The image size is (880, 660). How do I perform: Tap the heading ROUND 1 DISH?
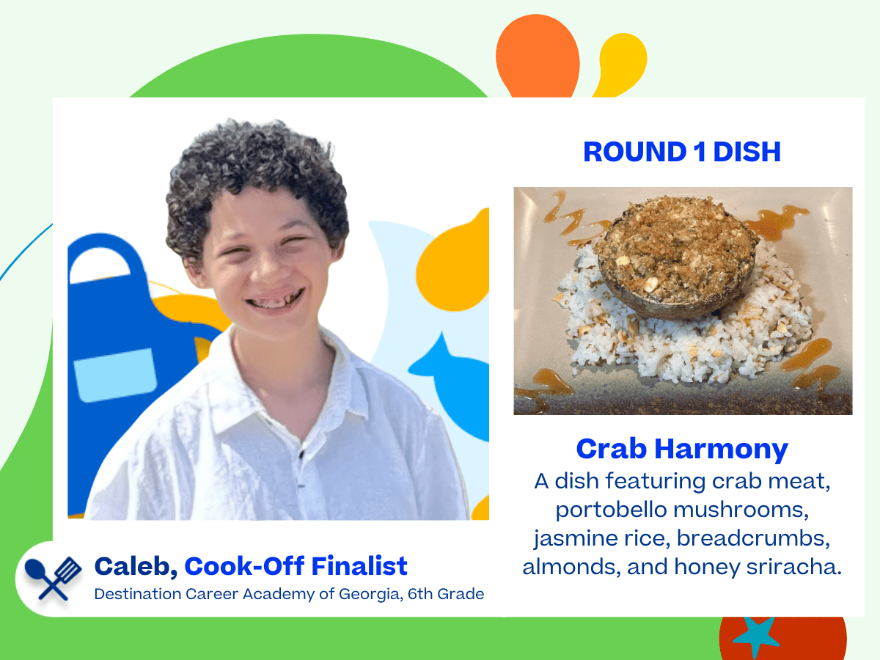click(682, 152)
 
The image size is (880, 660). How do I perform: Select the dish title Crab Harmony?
click(682, 450)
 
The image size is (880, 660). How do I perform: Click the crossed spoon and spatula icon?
click(53, 579)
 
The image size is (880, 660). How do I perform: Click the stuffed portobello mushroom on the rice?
click(676, 257)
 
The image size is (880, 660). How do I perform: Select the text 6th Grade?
click(446, 594)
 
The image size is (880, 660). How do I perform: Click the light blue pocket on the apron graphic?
click(115, 375)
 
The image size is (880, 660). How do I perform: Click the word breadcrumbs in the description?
click(753, 538)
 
